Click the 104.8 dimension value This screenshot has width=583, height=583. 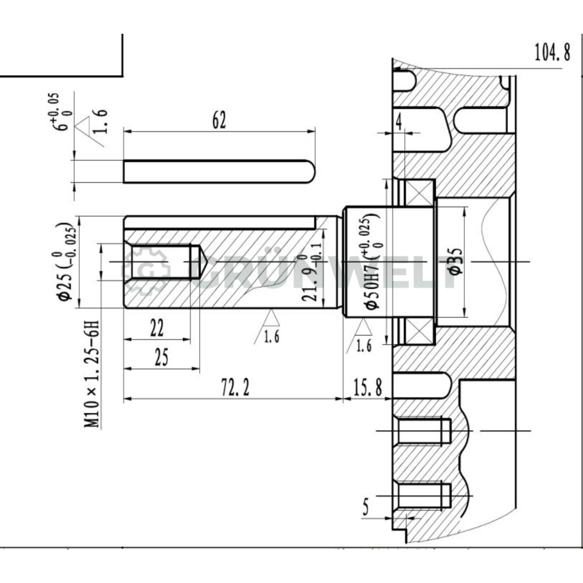point(552,52)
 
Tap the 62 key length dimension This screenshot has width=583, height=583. point(219,120)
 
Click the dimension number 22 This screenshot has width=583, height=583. point(157,328)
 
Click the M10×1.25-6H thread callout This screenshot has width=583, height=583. point(92,373)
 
